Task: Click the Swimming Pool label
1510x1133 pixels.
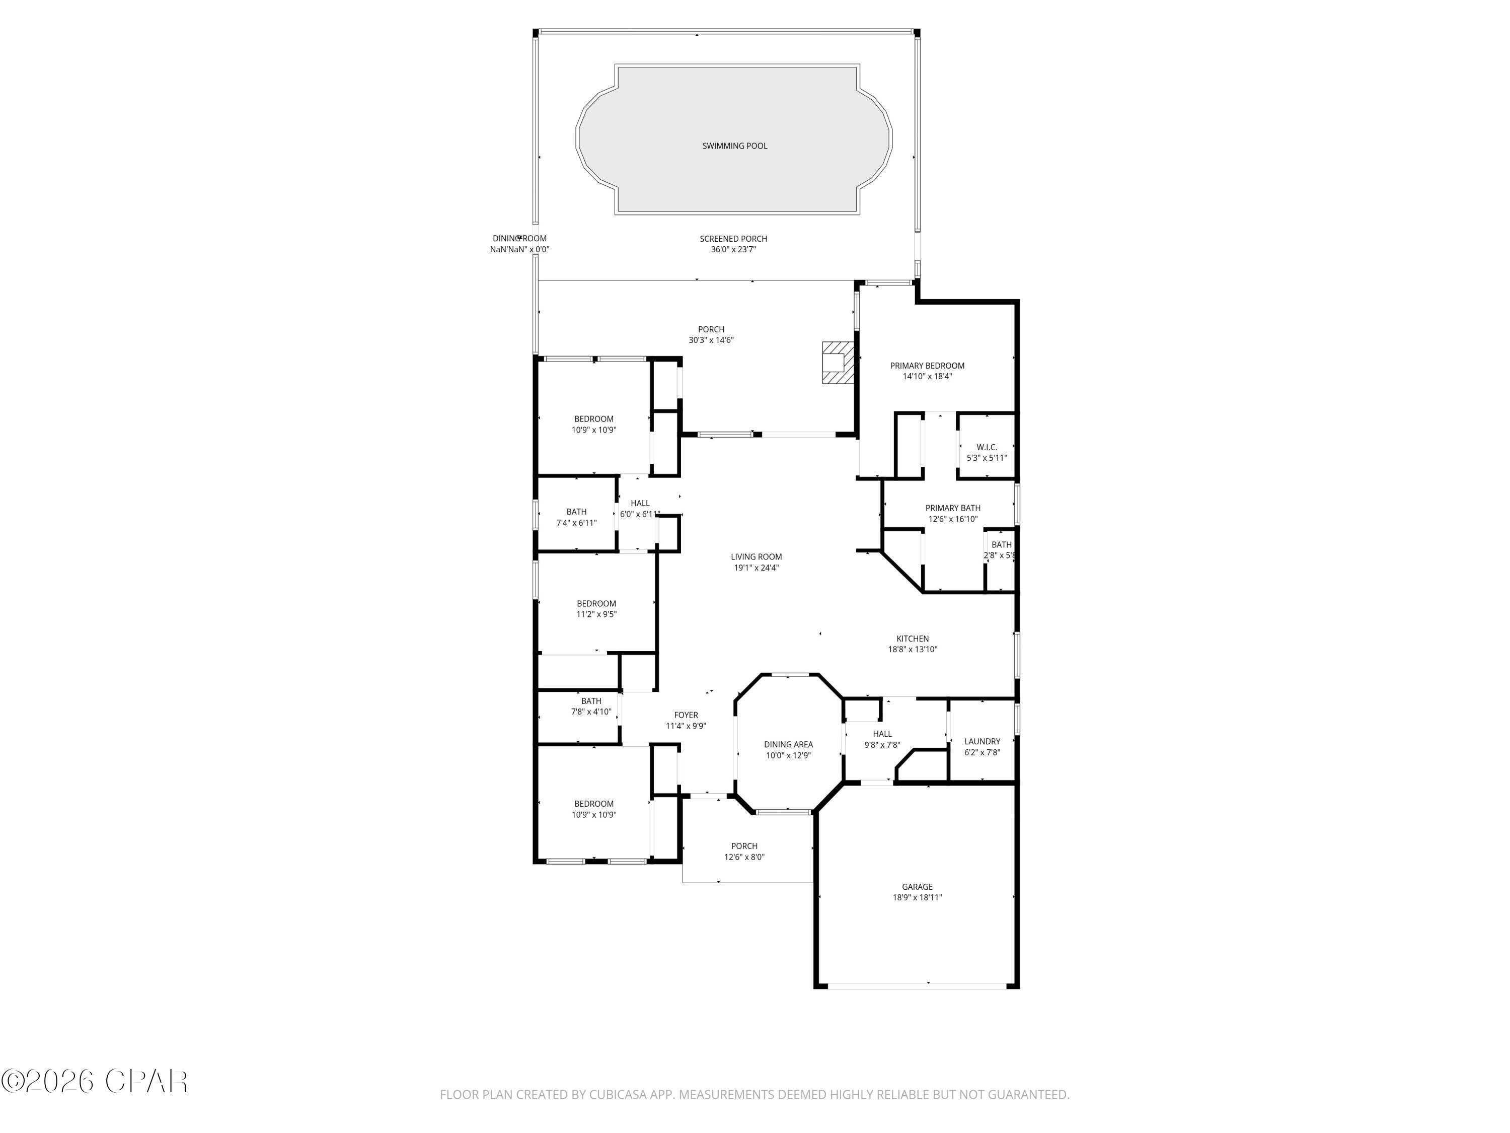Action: [x=734, y=146]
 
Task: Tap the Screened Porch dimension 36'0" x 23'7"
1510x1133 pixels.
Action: [x=733, y=249]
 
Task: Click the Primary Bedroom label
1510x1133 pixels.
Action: [x=927, y=366]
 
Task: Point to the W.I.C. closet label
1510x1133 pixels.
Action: [x=987, y=447]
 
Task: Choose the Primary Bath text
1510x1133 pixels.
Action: [x=952, y=508]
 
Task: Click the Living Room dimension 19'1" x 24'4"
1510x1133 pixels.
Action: [x=757, y=568]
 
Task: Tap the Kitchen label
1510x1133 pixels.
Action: [x=912, y=639]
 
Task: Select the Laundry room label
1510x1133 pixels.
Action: [x=981, y=741]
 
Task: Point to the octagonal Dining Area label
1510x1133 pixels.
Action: [x=788, y=744]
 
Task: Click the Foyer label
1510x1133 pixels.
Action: [x=686, y=715]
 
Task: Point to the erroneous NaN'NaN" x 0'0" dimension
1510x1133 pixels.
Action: [x=519, y=249]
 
